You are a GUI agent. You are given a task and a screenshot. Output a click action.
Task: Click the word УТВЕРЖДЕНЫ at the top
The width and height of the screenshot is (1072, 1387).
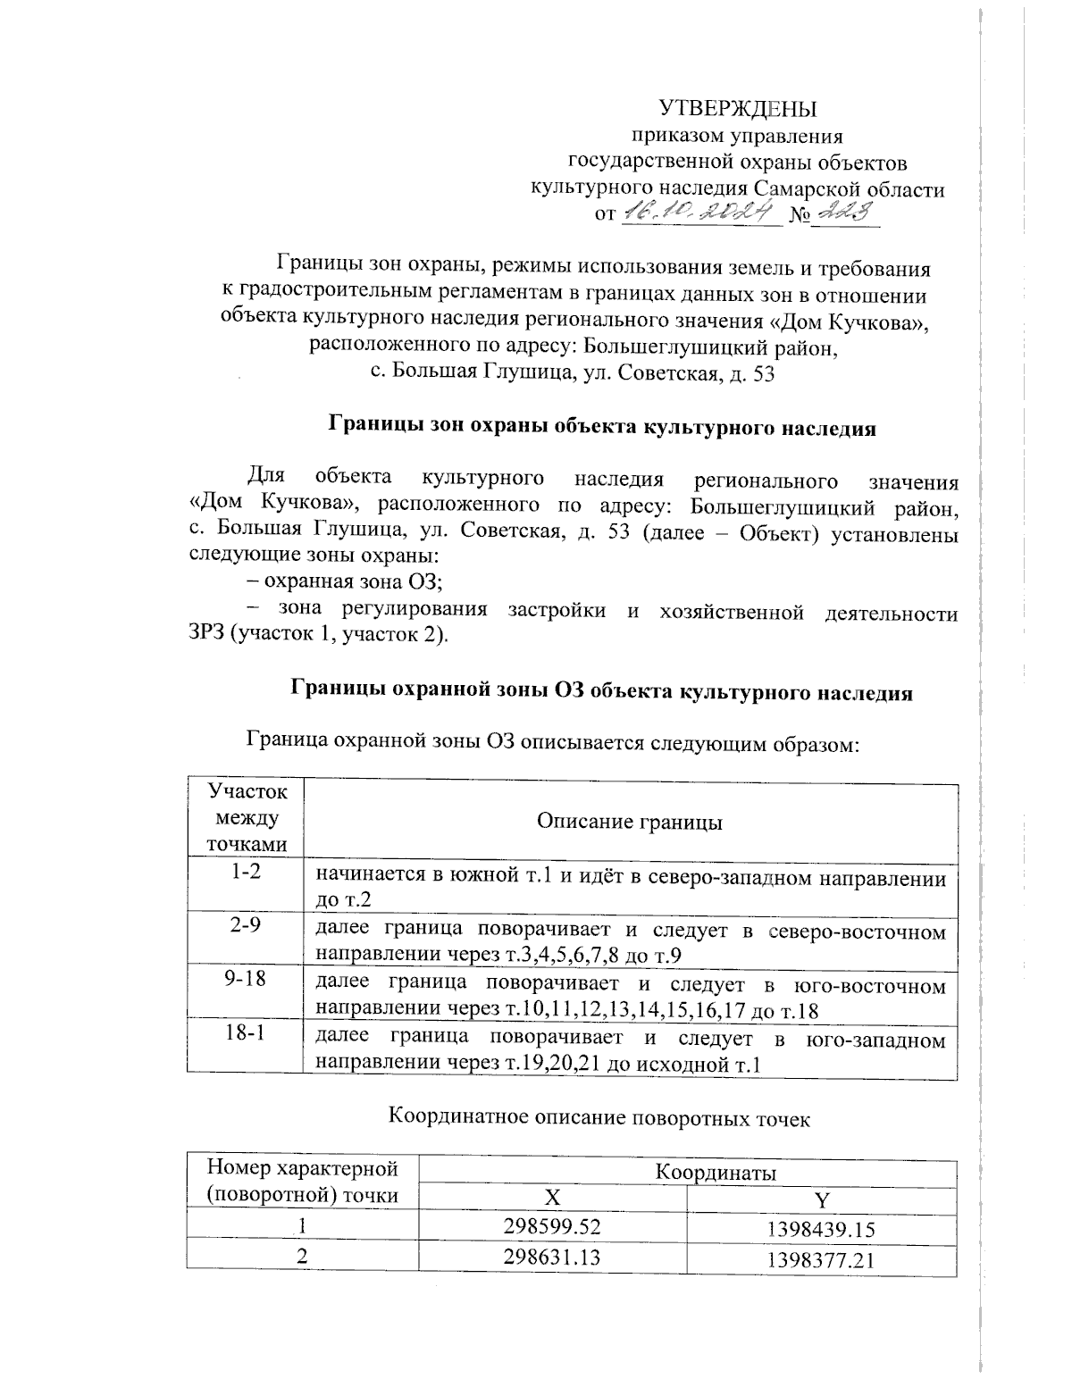[x=738, y=109]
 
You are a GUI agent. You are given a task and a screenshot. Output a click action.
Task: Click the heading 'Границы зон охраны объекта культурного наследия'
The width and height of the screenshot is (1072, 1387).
[x=603, y=427]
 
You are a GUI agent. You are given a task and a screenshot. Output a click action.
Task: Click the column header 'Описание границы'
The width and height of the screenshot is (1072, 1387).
[x=630, y=821]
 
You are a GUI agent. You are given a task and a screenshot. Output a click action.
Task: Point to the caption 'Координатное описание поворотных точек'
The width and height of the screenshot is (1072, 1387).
[x=599, y=1117]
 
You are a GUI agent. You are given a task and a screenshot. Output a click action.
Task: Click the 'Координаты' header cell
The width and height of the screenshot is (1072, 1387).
[x=716, y=1172]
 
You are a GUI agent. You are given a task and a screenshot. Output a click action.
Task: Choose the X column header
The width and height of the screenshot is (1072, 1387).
[x=553, y=1198]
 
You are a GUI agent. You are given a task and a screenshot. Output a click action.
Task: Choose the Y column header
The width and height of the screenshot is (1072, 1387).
[x=822, y=1199]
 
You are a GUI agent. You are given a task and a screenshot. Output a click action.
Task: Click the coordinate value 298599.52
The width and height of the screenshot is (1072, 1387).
[x=553, y=1227]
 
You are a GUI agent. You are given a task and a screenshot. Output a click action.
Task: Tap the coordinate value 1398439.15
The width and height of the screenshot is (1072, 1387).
[x=822, y=1230]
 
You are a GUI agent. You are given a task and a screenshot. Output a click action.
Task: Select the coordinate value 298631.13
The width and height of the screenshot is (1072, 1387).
[x=553, y=1257]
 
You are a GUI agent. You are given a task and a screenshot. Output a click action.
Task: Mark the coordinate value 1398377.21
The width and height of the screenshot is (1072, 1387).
[x=822, y=1260]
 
